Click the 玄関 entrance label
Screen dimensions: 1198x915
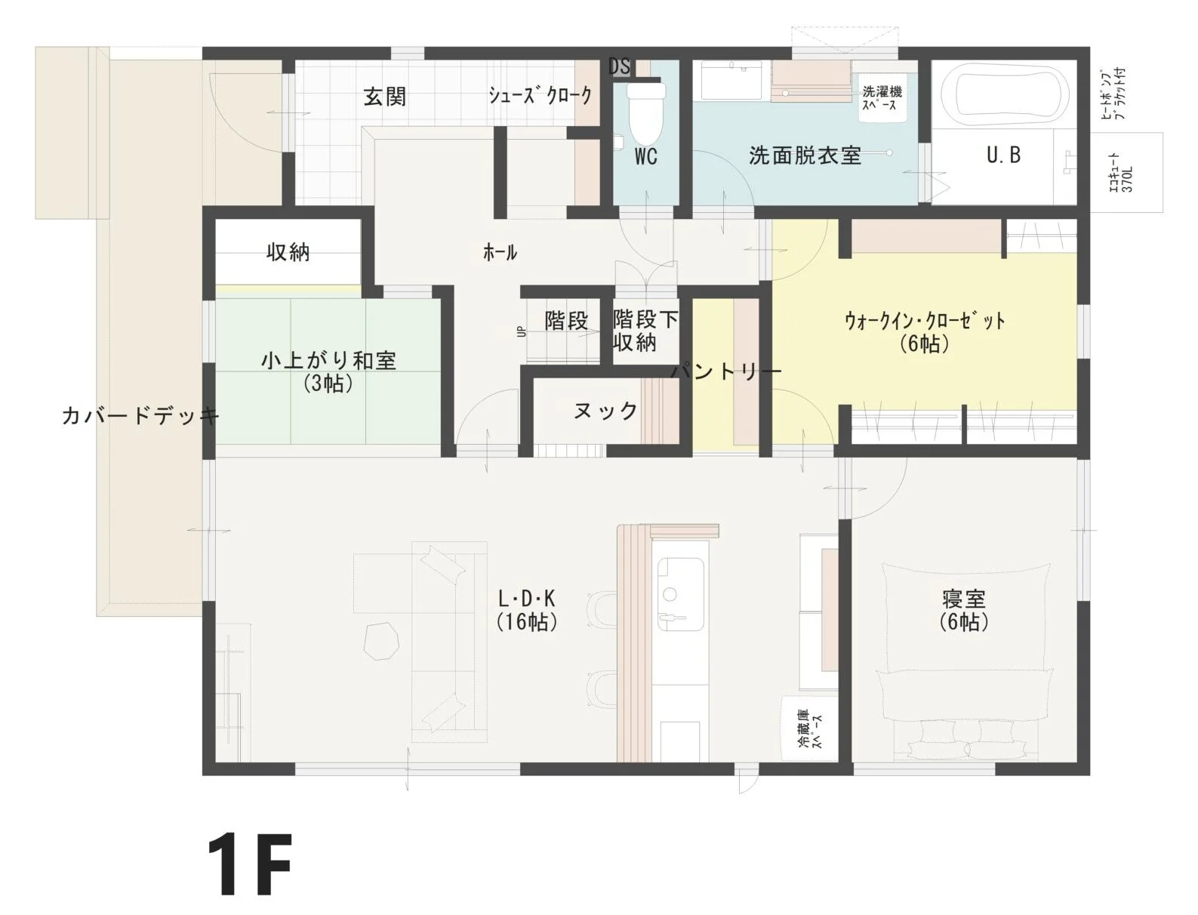point(385,97)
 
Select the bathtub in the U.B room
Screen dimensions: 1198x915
point(1003,94)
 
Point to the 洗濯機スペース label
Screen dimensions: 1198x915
point(882,98)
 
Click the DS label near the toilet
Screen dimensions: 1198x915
point(620,66)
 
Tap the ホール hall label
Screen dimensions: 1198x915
point(500,253)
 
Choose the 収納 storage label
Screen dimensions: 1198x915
point(288,253)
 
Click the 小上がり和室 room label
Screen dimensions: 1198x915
point(328,361)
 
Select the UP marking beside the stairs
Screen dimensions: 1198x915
point(522,331)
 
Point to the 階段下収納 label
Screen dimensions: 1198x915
point(645,331)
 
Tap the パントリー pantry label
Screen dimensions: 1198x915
point(726,372)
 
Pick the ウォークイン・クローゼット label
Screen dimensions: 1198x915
point(925,321)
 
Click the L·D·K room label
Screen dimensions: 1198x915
point(527,599)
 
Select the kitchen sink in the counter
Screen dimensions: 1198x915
point(680,594)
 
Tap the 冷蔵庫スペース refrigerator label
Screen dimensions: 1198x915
point(810,729)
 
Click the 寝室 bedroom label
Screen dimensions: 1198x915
point(964,599)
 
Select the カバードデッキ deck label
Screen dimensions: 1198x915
point(140,416)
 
